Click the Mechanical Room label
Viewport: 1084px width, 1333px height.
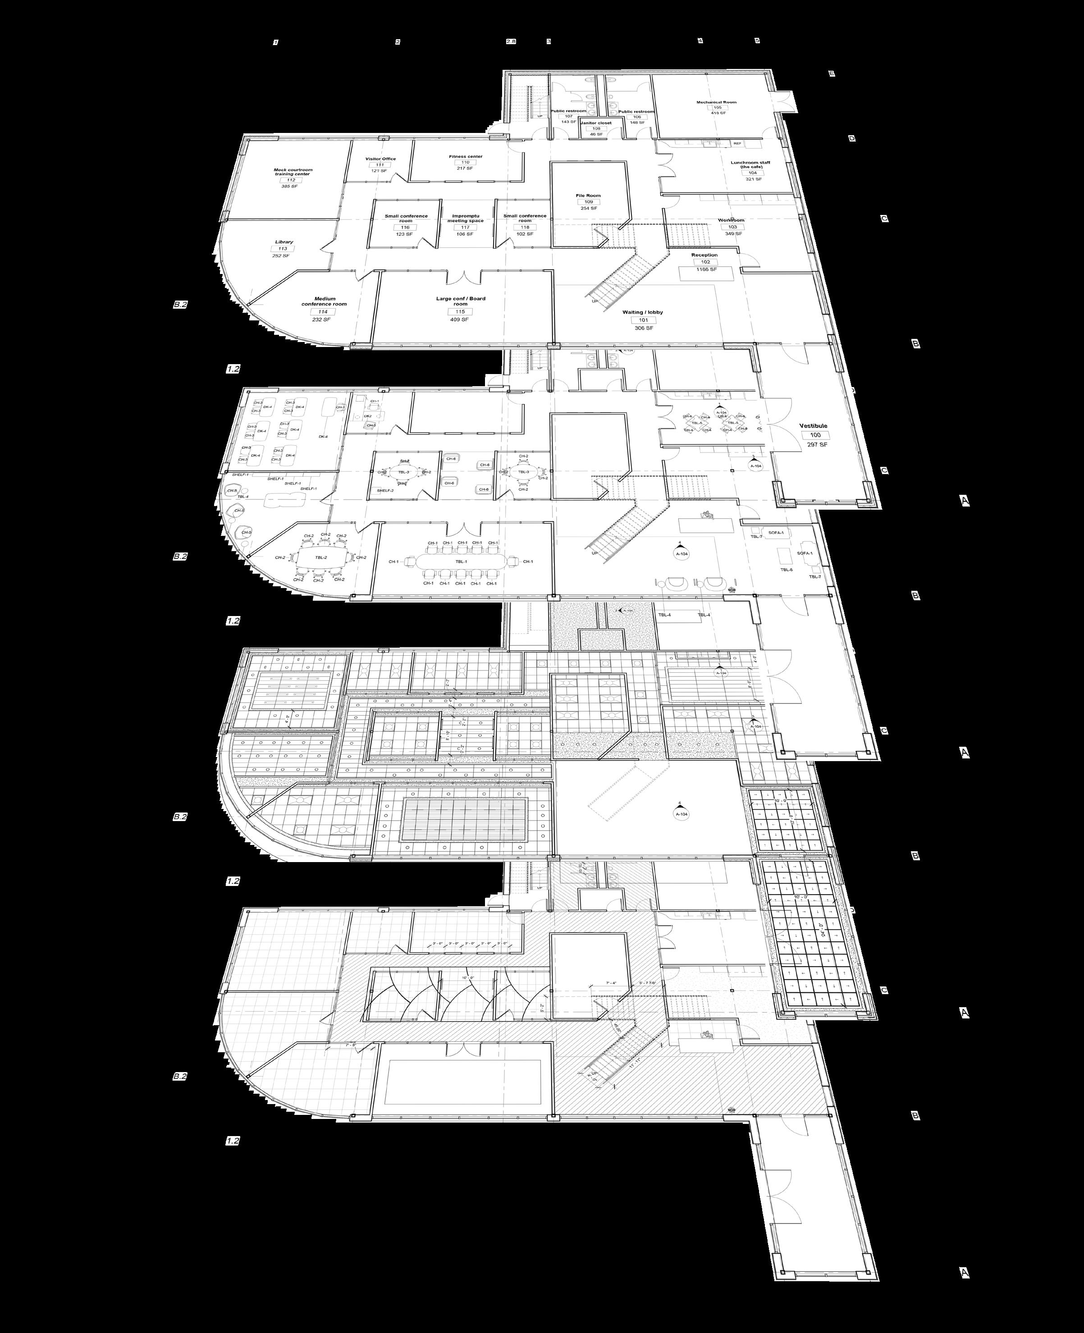point(716,102)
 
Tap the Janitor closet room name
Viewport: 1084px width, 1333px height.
point(596,123)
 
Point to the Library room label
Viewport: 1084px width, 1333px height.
point(284,242)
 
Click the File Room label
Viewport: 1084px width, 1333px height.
point(588,196)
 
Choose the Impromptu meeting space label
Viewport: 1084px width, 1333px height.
point(465,219)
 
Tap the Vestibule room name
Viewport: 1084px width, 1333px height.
point(814,426)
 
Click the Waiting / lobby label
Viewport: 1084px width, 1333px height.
point(643,312)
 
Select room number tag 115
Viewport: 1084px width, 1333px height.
point(460,311)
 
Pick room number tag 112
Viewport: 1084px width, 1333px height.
point(290,180)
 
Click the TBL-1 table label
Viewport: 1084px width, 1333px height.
point(461,562)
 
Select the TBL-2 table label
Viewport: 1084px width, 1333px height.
point(320,557)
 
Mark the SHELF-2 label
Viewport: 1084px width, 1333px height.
point(385,491)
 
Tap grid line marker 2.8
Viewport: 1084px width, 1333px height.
point(511,42)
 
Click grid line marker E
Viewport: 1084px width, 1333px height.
point(831,73)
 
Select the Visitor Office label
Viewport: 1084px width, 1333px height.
point(380,159)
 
